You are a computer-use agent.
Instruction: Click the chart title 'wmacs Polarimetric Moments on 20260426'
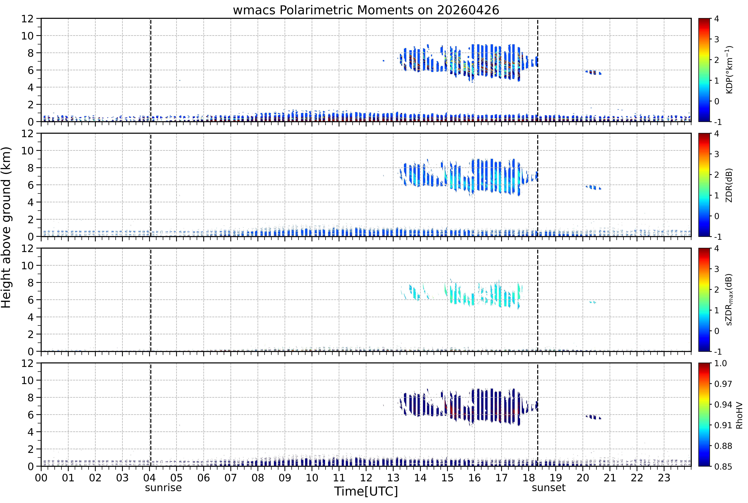(x=366, y=10)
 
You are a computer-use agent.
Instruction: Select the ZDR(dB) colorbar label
(x=729, y=185)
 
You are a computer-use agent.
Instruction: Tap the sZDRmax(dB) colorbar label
(x=729, y=300)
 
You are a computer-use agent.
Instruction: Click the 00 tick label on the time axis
(x=41, y=478)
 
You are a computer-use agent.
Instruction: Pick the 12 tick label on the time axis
(x=366, y=478)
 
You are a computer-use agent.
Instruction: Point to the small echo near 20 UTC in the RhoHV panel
(x=593, y=417)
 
